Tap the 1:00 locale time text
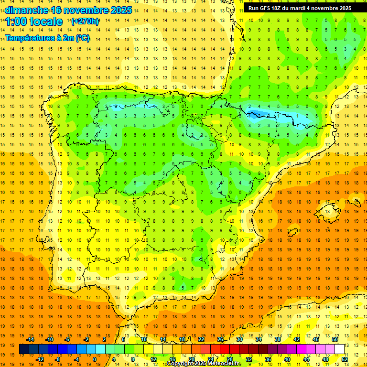[x=34, y=22]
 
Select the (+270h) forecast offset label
[x=85, y=21]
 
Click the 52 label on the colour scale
[x=344, y=359]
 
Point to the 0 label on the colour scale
[x=94, y=359]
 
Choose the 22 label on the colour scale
[x=201, y=339]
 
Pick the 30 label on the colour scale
[x=239, y=339]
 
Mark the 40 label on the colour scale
[x=287, y=359]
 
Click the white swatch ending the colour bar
[x=339, y=349]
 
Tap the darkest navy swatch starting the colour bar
[x=24, y=349]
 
